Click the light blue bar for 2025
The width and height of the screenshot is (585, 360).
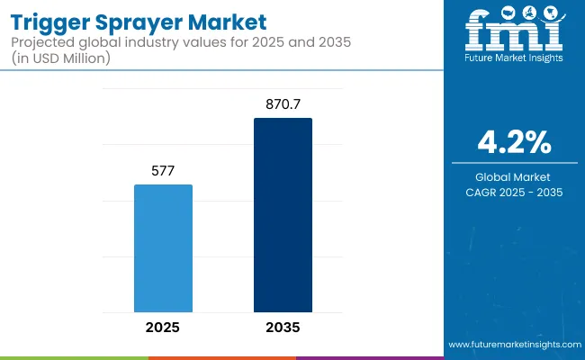pyautogui.click(x=163, y=247)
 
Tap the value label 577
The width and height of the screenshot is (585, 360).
pyautogui.click(x=163, y=169)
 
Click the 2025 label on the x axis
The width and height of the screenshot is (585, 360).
pyautogui.click(x=163, y=328)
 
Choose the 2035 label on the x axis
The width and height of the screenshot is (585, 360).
pyautogui.click(x=283, y=328)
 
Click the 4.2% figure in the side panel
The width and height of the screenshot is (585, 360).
pyautogui.click(x=513, y=142)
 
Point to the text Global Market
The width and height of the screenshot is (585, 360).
pyautogui.click(x=513, y=177)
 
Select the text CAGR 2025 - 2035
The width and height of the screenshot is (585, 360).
pyautogui.click(x=513, y=193)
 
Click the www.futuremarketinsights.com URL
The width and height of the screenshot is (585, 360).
pyautogui.click(x=513, y=346)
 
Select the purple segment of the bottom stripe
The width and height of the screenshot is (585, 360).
pyautogui.click(x=369, y=357)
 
